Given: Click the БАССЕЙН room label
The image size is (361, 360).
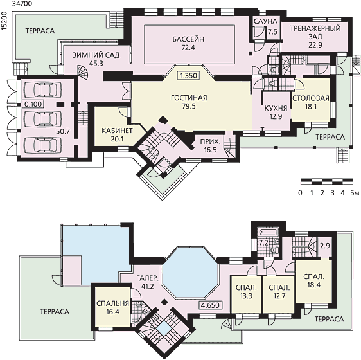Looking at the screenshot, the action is pos(188,39).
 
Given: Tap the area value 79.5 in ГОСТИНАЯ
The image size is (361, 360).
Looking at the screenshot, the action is pos(189,106).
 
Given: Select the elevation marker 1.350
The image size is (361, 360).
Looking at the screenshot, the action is pos(189,76).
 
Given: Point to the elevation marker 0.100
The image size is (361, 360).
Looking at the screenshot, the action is pos(33,104).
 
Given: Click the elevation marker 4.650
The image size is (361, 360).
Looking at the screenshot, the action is pos(210,305).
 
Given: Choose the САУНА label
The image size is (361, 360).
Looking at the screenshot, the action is pos(265,21).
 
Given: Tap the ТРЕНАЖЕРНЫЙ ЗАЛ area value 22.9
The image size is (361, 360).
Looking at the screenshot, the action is pos(315,45).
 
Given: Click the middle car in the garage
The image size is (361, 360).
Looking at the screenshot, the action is pos(43,118).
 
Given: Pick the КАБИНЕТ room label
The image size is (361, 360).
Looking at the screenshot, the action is pos(117,130).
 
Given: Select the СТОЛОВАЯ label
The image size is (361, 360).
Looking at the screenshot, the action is pos(311,98).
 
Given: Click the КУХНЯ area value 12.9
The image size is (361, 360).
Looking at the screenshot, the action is pos(276,116).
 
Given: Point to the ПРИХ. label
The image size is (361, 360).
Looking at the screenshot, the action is pos(210,141).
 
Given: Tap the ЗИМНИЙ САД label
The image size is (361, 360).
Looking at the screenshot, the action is pos(96,55).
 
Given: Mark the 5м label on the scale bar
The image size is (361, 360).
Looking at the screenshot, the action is pos(355,193).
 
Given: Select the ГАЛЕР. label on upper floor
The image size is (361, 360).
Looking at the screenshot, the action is pos(147,278).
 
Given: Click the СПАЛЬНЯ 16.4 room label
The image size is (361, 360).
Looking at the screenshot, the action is pos(112,303).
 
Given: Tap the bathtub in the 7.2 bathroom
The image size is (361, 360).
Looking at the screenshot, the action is pos(269,231).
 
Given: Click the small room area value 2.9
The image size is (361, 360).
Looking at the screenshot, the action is pos(325,246).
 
